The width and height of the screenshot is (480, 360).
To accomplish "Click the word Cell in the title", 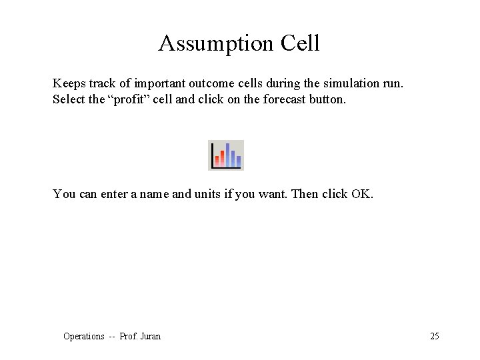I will coord(300,44).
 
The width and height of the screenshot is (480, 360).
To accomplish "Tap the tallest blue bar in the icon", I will coord(227,155).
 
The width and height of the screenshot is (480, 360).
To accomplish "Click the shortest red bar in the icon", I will coord(217,161).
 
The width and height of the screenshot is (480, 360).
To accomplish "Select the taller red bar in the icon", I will coord(222,157).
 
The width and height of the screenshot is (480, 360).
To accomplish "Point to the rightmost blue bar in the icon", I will coord(238,160).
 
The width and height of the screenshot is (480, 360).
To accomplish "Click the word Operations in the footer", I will coord(83,337).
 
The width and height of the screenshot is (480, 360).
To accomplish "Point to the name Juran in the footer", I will coord(150,337).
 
